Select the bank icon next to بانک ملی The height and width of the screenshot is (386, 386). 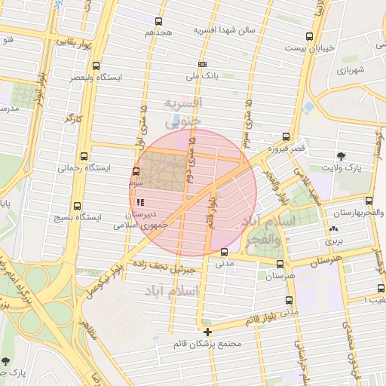point(202,65)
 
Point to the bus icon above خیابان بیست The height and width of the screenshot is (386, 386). point(309,36)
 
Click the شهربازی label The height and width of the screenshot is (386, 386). point(351,69)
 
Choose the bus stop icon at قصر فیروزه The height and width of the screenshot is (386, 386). point(285,136)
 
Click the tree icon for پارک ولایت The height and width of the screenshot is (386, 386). point(342,155)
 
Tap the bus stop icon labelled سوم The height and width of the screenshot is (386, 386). point(136,172)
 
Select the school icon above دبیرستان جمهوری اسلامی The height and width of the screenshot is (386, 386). point(140,202)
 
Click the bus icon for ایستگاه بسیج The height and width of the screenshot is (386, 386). point(77,207)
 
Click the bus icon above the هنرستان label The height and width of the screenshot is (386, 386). point(280,264)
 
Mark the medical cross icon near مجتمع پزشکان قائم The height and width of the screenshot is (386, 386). point(208,331)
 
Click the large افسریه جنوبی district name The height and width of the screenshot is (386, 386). point(183,111)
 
